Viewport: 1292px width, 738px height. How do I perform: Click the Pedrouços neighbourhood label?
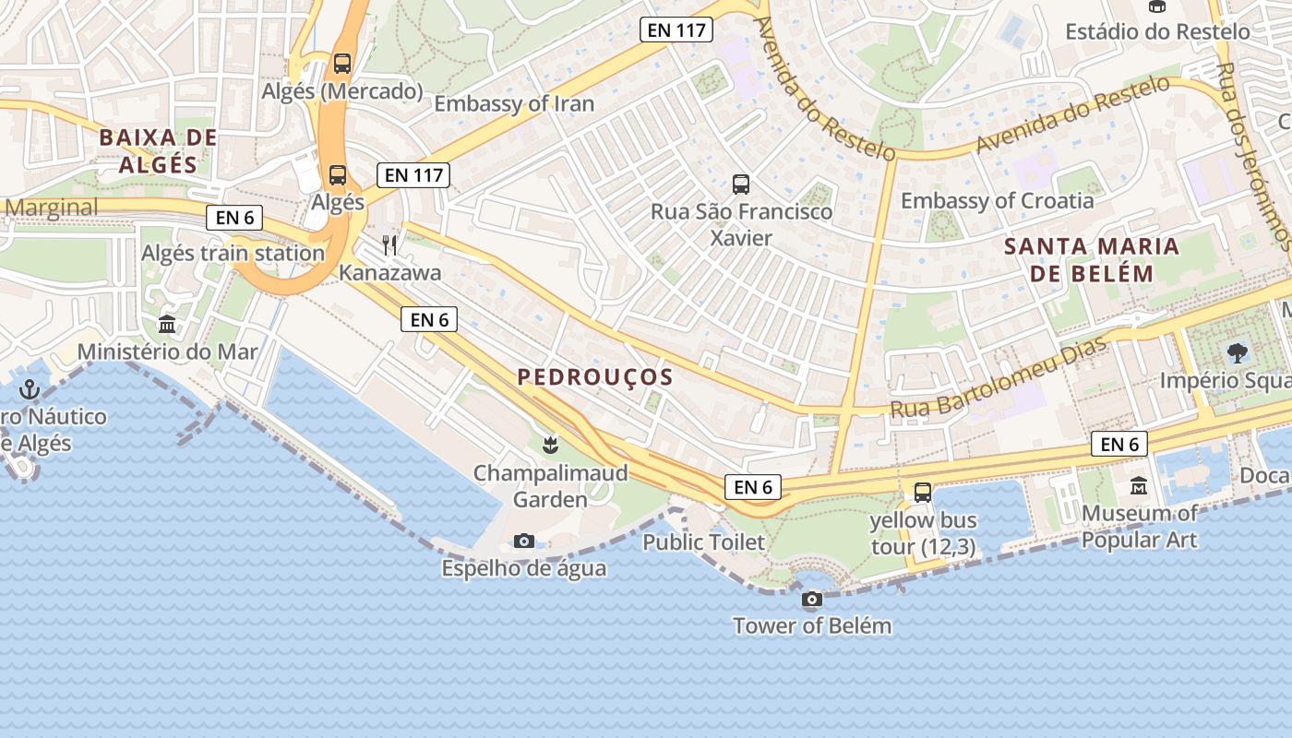pos(594,376)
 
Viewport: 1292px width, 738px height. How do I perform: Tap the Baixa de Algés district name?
pos(158,151)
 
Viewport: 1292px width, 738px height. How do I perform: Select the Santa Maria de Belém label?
pos(1092,259)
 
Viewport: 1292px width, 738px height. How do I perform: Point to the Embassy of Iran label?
pos(514,103)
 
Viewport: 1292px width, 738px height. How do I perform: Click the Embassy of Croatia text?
pos(997,200)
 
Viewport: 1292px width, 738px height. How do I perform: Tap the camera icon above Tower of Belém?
pos(812,600)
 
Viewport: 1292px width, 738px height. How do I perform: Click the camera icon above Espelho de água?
pos(524,541)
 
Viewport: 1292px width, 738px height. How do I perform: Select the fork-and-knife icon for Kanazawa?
pos(389,244)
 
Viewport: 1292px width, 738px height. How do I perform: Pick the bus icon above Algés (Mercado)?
pos(342,64)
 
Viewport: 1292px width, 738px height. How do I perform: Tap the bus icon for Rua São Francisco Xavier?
pos(741,184)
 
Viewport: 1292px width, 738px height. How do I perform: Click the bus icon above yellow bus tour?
pos(923,493)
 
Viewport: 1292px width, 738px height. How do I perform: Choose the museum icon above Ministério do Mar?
pos(168,324)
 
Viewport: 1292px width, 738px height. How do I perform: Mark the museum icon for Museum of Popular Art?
pos(1139,485)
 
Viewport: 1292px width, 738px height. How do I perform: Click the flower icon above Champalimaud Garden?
pos(550,446)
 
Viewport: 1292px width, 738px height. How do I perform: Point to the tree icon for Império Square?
pos(1237,351)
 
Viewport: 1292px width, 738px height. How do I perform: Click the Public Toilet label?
pos(704,542)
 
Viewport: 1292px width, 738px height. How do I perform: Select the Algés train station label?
pos(233,253)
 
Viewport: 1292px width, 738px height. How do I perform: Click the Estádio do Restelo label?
pos(1157,31)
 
